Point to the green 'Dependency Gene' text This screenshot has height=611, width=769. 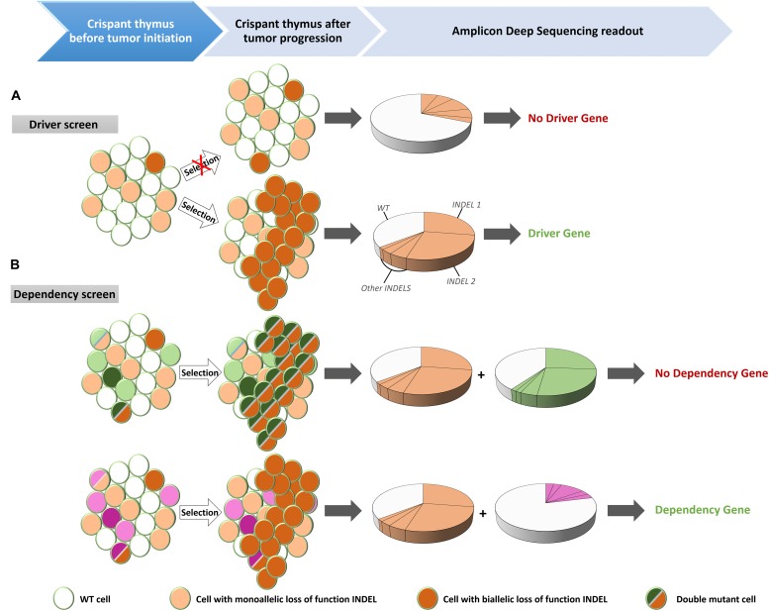(702, 510)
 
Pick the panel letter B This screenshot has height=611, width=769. (14, 265)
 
